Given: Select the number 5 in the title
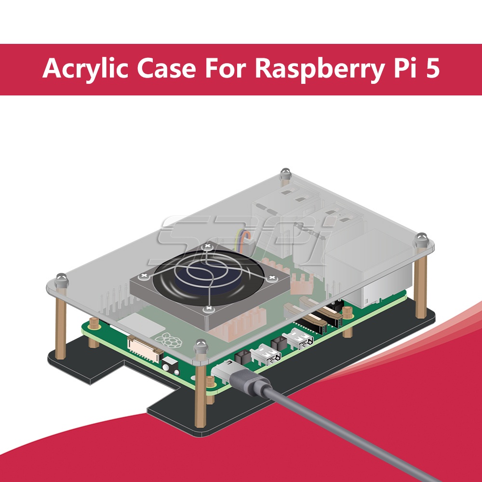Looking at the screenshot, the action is pos(433,67).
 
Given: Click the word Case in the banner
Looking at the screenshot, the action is pos(166,68).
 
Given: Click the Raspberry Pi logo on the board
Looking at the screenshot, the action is pos(168,340).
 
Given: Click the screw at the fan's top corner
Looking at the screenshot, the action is pos(208,246).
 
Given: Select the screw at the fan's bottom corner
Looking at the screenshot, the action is pos(208,308).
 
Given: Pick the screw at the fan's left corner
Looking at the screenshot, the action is pos(144,276).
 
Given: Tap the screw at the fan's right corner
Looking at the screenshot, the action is pos(272,279).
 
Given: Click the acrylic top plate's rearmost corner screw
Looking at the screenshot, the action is pos(285,174).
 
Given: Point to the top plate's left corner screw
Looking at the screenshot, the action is pos(62,280).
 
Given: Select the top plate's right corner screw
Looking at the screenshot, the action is pos(421,240).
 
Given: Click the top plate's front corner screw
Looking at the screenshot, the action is pos(201,347).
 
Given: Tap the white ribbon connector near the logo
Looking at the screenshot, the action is pos(145,348).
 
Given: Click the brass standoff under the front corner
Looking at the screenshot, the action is pos(201,393).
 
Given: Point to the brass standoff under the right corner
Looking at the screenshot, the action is pos(421,286).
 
